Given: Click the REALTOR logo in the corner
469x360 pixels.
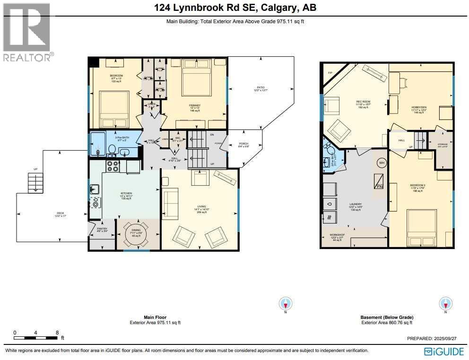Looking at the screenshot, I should tap(27, 32).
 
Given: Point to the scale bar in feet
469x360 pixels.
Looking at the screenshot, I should tap(36, 335).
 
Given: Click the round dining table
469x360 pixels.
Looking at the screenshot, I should tap(135, 233).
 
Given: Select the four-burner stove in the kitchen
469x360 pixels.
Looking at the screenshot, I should tap(113, 166).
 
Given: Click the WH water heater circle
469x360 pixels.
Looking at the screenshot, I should tap(382, 163).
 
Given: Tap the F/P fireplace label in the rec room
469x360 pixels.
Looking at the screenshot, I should tap(330, 73).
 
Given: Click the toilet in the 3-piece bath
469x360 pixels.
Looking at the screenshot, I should tap(112, 150).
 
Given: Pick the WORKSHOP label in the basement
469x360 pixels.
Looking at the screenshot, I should tap(337, 235).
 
